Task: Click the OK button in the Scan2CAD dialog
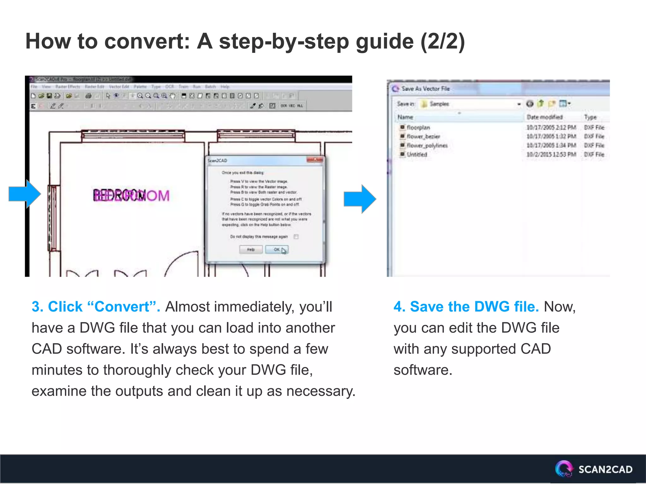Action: [x=276, y=250]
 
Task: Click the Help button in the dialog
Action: [x=251, y=250]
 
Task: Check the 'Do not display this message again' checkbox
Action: [x=296, y=237]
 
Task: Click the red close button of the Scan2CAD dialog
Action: [x=314, y=160]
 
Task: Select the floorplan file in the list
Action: [x=418, y=128]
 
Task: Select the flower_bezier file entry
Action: [x=423, y=136]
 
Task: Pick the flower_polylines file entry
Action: [x=427, y=146]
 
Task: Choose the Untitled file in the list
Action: [x=416, y=154]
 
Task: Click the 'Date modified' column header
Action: [x=544, y=117]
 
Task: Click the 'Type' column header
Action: [x=590, y=117]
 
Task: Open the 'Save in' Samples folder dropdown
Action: [x=519, y=104]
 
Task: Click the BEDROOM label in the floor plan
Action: [x=131, y=195]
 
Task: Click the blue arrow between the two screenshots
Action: [x=360, y=199]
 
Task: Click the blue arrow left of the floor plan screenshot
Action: [x=25, y=194]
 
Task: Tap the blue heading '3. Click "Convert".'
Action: [x=96, y=307]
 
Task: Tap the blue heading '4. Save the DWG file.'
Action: [x=466, y=307]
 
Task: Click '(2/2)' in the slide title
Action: [x=443, y=41]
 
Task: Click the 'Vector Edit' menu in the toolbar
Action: [x=119, y=87]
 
